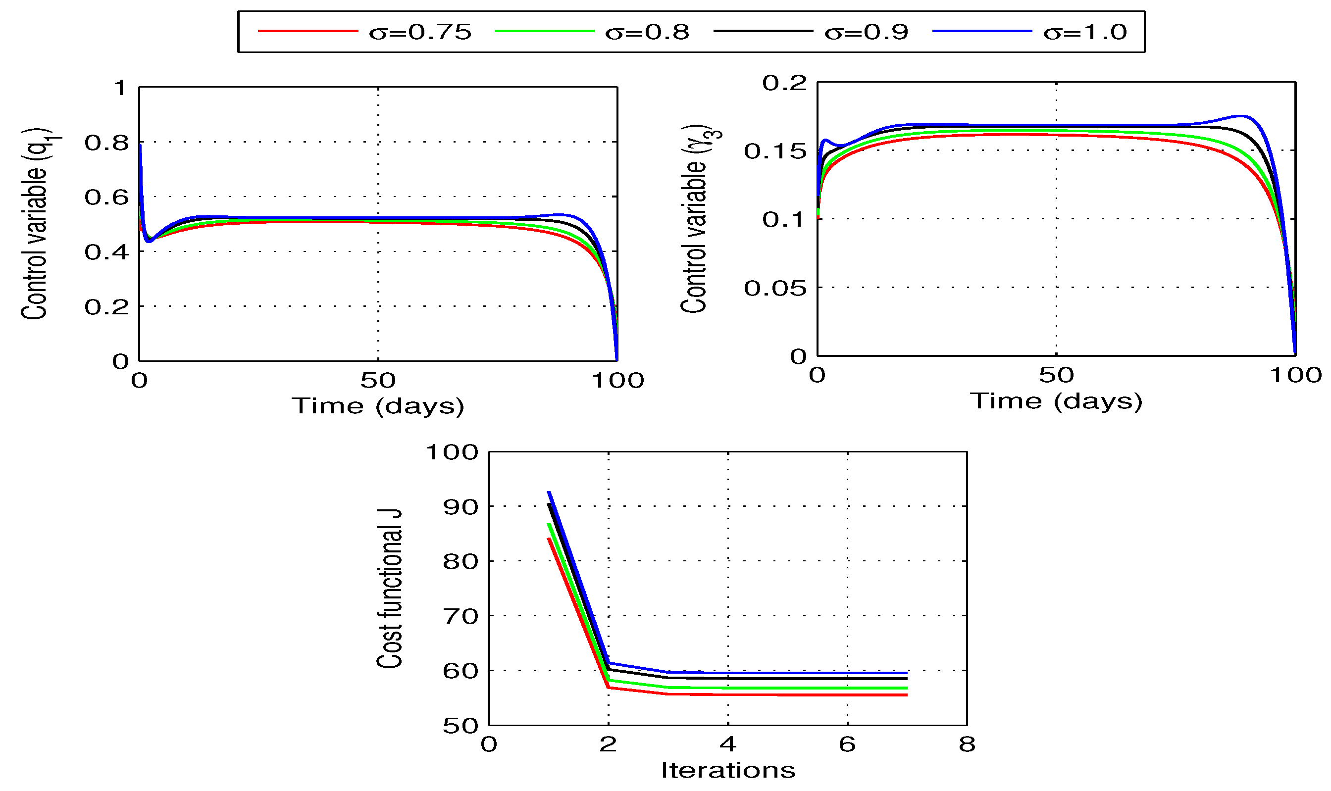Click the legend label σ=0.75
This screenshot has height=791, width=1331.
(420, 33)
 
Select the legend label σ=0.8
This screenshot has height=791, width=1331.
(647, 33)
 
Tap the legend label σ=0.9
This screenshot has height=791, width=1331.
(866, 33)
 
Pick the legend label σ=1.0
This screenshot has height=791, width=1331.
(1085, 33)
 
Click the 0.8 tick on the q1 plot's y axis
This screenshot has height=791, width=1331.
(106, 143)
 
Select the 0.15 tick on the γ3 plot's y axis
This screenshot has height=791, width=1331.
(775, 151)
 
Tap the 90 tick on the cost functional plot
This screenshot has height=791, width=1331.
(461, 507)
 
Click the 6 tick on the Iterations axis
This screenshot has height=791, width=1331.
(847, 744)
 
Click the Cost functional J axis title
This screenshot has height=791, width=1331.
(389, 589)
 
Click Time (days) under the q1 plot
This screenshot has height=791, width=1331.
(378, 406)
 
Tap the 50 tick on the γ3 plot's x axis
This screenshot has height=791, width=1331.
(1056, 375)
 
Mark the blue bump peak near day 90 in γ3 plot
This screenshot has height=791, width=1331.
(1240, 116)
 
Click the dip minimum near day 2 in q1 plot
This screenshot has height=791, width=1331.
(149, 241)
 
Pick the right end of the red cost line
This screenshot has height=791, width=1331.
(907, 695)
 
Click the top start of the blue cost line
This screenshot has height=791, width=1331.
(549, 492)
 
